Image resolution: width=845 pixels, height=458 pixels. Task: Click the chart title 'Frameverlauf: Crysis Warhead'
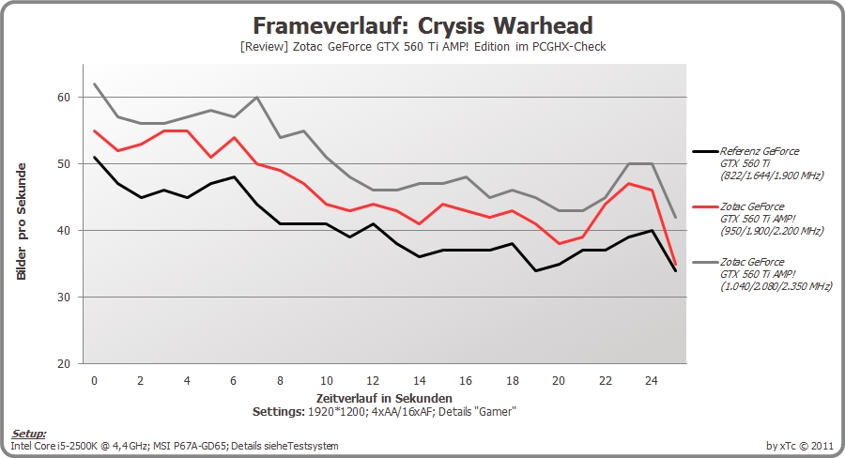(422, 25)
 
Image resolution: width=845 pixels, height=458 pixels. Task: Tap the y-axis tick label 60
(64, 97)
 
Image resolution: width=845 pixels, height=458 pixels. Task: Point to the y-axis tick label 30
(64, 297)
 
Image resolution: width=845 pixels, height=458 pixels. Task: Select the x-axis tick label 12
(373, 381)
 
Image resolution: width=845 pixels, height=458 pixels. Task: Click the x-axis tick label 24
(652, 381)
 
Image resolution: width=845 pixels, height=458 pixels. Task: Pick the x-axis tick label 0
(94, 381)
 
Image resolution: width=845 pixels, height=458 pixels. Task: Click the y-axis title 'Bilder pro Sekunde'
(22, 221)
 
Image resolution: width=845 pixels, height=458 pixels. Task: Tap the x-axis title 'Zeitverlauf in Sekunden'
(384, 399)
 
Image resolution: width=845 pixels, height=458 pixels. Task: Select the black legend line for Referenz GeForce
(706, 151)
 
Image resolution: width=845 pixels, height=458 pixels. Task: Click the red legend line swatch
(706, 206)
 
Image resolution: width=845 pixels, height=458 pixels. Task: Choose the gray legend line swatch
(706, 263)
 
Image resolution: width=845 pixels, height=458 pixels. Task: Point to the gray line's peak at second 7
(256, 97)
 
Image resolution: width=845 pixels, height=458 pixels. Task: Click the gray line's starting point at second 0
(94, 84)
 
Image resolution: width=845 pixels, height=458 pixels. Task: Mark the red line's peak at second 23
(628, 184)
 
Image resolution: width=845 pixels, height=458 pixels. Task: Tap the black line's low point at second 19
(536, 270)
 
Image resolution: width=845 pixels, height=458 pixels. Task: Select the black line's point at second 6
(234, 176)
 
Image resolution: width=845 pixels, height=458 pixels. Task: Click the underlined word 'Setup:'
(29, 435)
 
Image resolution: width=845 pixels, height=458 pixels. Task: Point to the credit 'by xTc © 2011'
(800, 446)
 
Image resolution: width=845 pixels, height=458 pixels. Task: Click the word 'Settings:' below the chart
(278, 412)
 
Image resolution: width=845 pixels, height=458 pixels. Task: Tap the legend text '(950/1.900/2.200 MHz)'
(772, 231)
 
